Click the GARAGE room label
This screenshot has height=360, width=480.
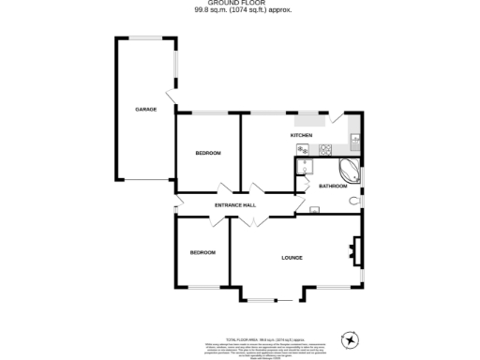tap(145, 110)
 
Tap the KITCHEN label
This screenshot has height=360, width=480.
tap(301, 136)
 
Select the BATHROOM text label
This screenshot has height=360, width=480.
tap(333, 186)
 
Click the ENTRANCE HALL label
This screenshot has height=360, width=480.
tap(235, 205)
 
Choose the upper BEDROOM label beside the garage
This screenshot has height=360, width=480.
tap(208, 153)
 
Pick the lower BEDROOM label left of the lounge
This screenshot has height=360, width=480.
tap(202, 252)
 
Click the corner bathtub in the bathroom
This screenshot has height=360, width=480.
tap(348, 171)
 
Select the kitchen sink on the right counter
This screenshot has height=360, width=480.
tap(354, 140)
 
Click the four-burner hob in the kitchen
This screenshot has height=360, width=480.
tap(325, 149)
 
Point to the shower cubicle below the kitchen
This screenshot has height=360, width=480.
tap(305, 167)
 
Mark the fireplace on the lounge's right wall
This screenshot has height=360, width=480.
tap(355, 247)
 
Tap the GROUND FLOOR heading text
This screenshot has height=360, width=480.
tap(239, 5)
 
